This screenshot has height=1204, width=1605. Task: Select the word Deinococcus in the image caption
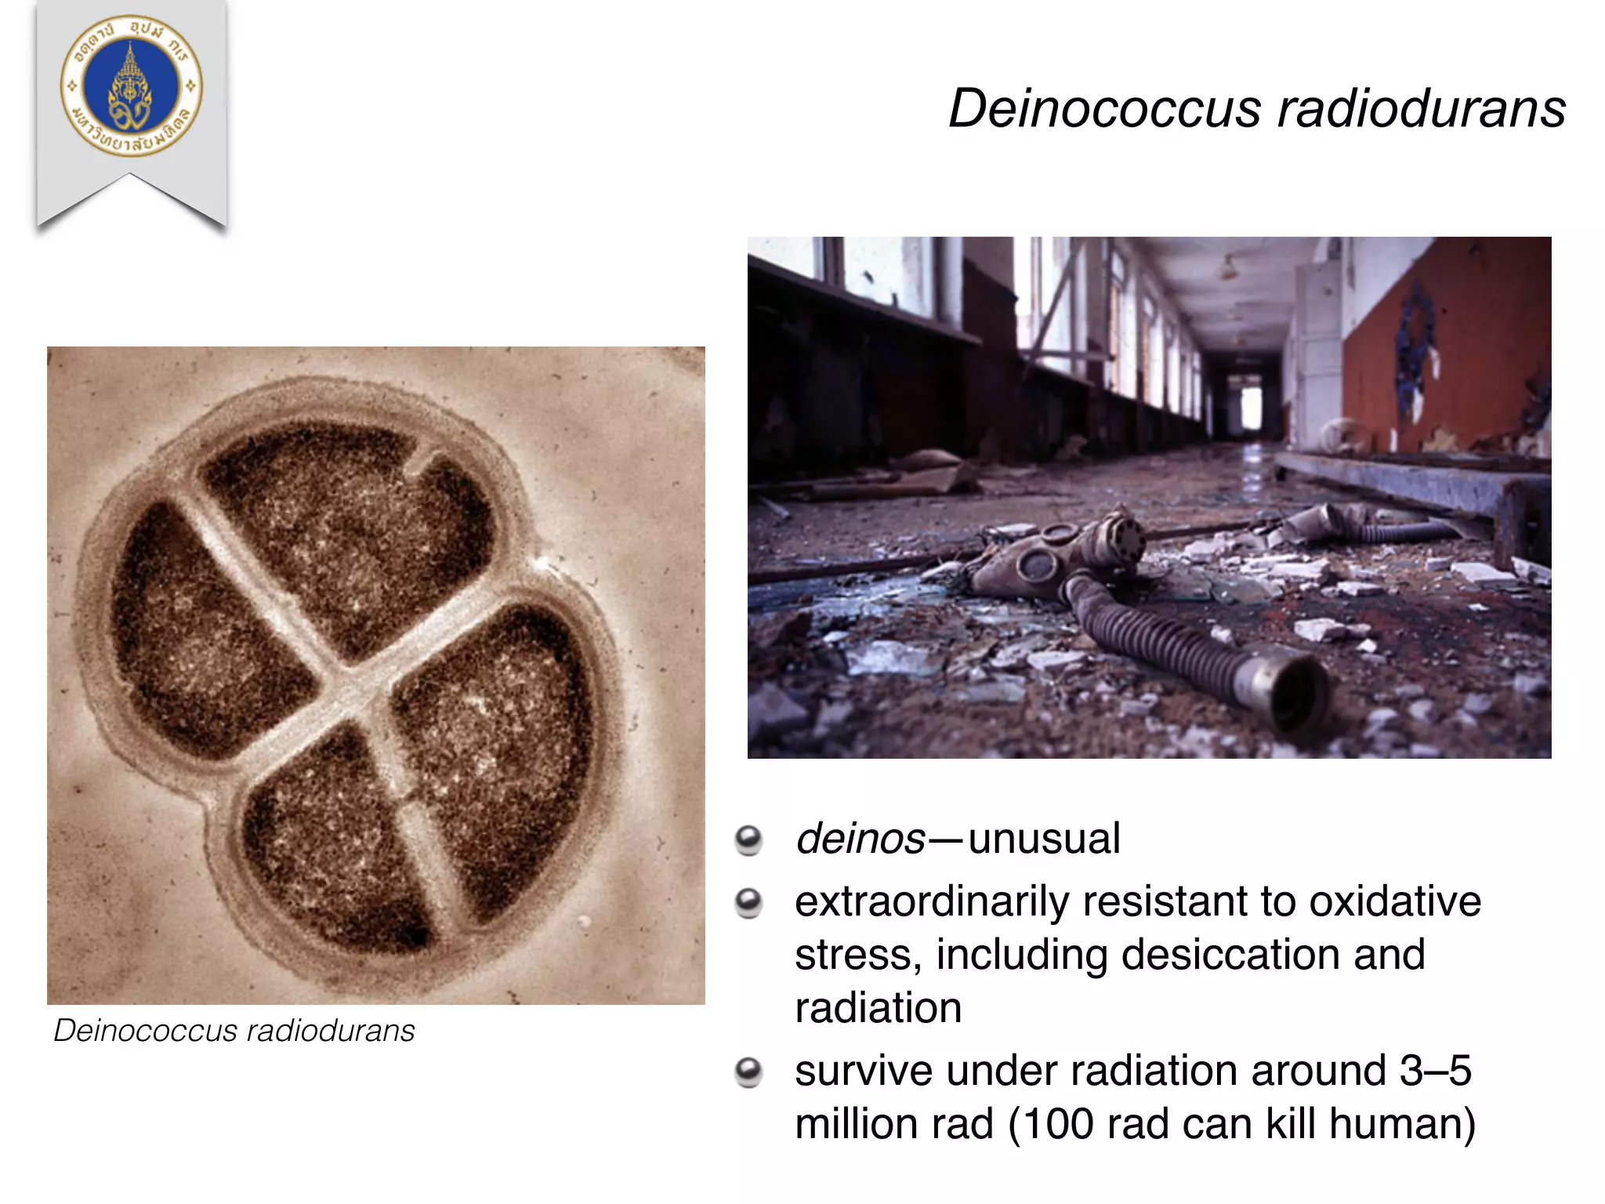[144, 1031]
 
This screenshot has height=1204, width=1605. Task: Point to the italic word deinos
[860, 839]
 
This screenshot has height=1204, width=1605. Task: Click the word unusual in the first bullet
[1044, 839]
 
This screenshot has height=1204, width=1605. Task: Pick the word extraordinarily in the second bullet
[932, 901]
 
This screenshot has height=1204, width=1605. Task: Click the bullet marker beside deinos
[748, 840]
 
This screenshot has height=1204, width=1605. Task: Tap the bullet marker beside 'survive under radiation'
[748, 1072]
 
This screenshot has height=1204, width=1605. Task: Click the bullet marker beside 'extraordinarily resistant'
[748, 903]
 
